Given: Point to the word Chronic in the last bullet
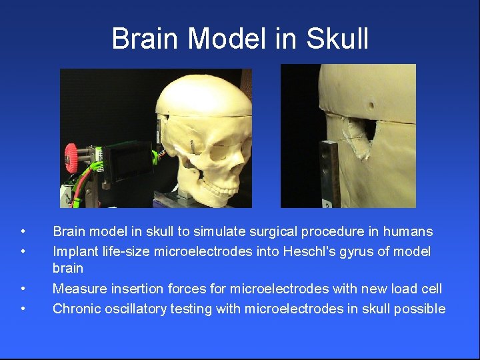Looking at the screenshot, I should (75, 309).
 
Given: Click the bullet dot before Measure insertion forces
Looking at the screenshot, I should (23, 289).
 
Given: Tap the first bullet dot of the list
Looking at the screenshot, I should (23, 232).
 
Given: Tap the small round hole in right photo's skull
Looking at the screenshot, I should (371, 105).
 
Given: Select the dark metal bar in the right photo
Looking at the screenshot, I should (329, 173).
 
